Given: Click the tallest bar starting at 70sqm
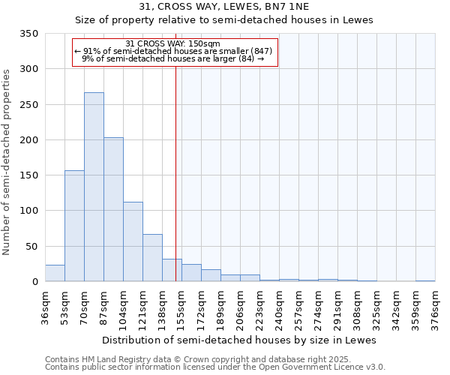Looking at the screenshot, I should pyautogui.click(x=94, y=187).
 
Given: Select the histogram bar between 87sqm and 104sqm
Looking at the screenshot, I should pyautogui.click(x=113, y=210).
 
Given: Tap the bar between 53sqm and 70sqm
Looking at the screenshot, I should pyautogui.click(x=74, y=226).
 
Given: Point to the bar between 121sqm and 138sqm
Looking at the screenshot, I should pyautogui.click(x=152, y=258).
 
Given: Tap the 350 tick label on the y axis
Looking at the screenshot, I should pyautogui.click(x=29, y=34).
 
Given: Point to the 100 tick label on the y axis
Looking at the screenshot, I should pyautogui.click(x=29, y=211).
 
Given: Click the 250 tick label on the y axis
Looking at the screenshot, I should pyautogui.click(x=29, y=104).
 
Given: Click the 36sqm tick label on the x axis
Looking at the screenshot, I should pyautogui.click(x=46, y=306).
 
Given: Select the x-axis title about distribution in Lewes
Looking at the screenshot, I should pyautogui.click(x=238, y=340).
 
